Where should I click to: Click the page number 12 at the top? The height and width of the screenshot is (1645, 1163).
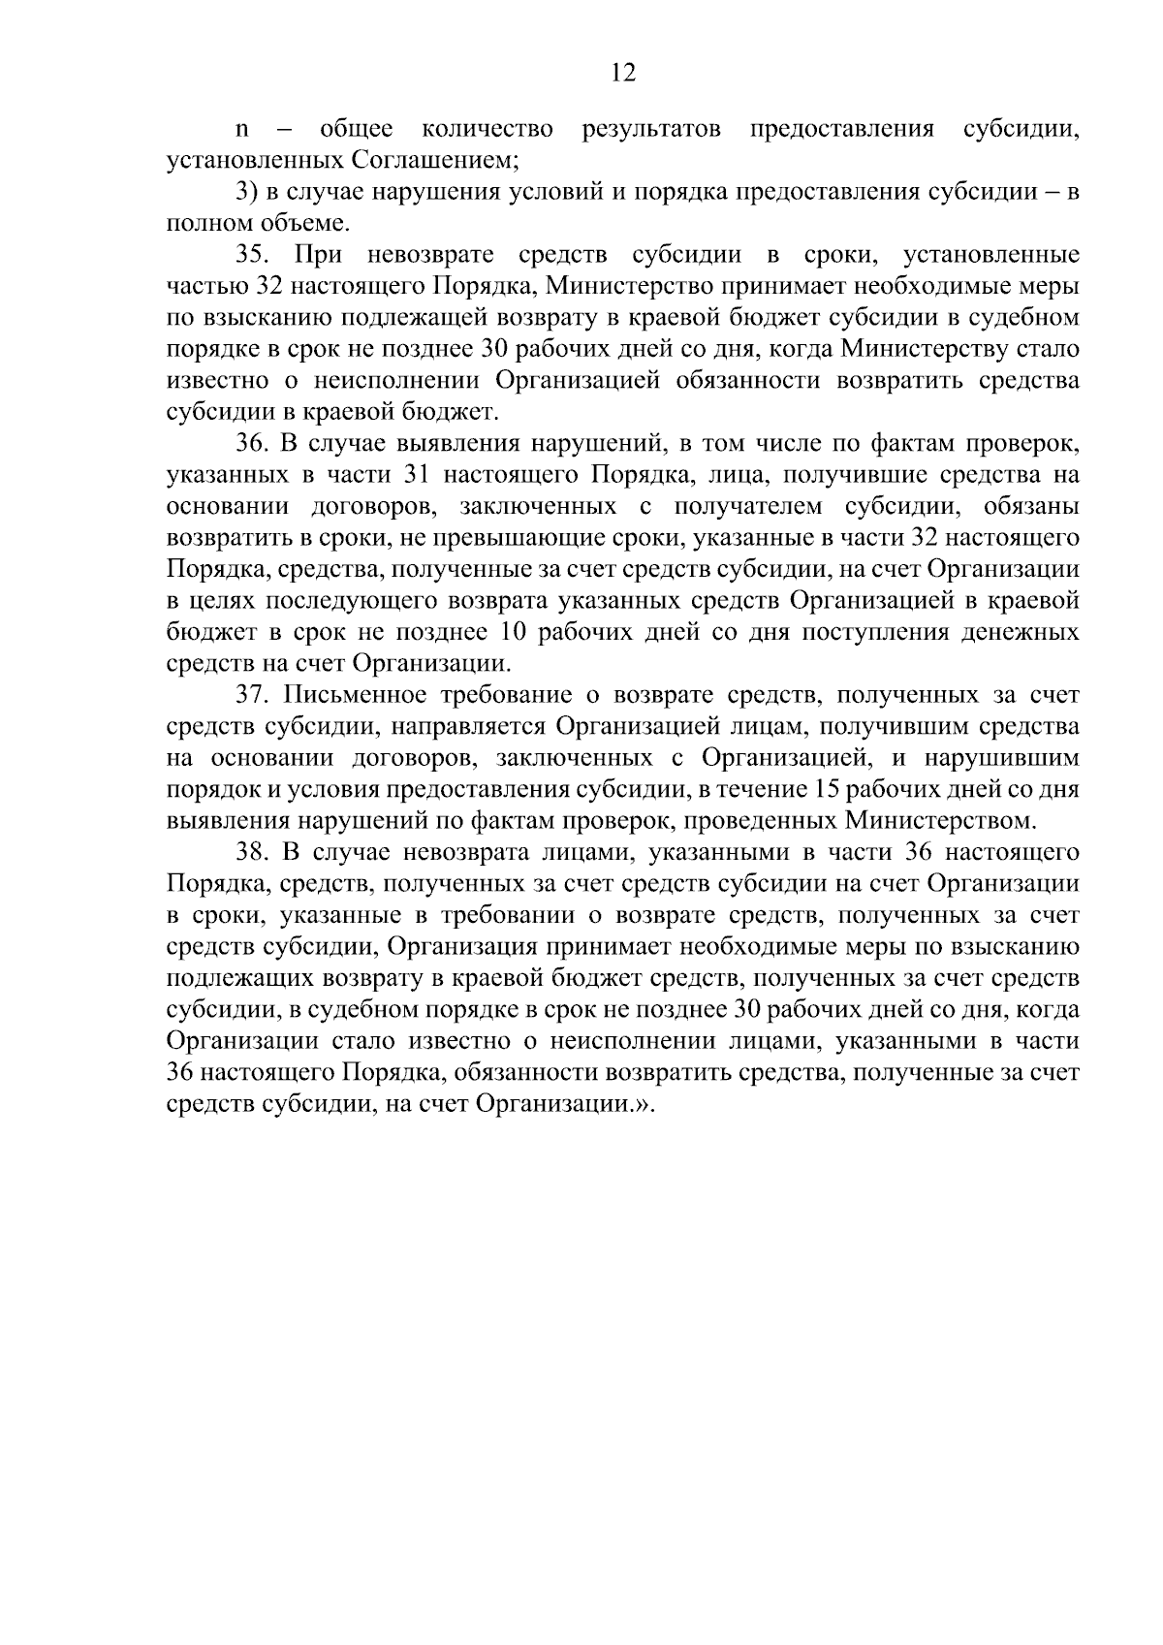click(x=624, y=73)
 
